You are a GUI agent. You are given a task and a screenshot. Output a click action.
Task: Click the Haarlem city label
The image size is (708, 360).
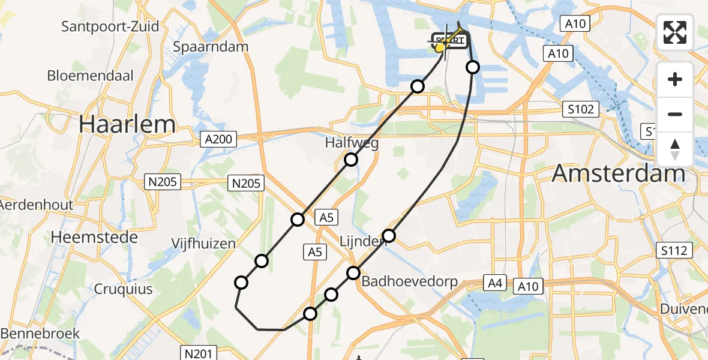[128, 124]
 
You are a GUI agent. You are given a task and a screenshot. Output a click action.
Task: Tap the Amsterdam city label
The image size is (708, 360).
[618, 173]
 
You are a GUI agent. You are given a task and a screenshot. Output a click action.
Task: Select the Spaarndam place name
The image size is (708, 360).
[209, 46]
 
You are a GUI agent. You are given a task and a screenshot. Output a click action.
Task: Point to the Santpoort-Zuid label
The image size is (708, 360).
[110, 26]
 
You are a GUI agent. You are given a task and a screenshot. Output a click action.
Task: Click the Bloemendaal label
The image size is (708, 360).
[90, 76]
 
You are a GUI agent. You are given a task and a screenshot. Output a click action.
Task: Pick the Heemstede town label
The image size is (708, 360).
[94, 237]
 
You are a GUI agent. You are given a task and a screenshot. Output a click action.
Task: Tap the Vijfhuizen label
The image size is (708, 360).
[194, 244]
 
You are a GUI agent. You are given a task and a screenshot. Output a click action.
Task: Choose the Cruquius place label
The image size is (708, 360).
[123, 289]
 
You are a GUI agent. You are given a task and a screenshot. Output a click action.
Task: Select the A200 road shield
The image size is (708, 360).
[218, 140]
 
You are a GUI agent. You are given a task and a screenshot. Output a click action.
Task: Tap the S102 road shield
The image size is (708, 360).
[581, 109]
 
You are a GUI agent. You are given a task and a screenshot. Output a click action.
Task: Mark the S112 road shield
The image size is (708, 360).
[675, 250]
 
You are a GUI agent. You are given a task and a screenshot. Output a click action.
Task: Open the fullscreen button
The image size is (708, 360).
[675, 32]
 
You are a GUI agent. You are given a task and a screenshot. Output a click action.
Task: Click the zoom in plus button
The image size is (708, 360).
[675, 79]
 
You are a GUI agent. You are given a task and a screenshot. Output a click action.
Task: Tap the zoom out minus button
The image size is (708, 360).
[675, 114]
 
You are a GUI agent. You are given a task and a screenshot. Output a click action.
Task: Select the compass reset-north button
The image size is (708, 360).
[675, 149]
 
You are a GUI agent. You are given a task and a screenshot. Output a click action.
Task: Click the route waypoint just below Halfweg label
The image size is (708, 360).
[351, 160]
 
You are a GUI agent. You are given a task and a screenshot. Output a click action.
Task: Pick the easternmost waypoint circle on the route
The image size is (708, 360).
[473, 67]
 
